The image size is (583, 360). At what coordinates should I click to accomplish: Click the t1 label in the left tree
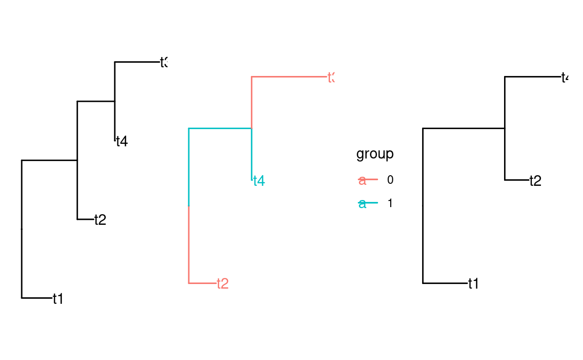coord(58,299)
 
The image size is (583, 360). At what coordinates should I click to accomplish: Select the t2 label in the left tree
coord(100,220)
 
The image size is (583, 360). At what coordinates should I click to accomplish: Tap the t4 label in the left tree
coord(121,141)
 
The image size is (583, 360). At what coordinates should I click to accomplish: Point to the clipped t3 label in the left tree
coord(163,62)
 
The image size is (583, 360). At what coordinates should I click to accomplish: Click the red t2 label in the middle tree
coord(223,284)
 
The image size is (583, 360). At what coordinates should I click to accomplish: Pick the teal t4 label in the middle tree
coord(259,181)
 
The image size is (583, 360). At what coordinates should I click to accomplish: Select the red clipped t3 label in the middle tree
coord(331,77)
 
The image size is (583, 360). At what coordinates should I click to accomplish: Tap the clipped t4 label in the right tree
coord(565,77)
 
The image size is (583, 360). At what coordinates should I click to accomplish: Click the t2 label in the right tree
coord(535,181)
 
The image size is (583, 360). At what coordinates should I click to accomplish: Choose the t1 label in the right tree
coord(473,284)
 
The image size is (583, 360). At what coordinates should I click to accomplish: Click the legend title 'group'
coord(375,154)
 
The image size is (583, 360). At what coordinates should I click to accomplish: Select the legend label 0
coord(390,180)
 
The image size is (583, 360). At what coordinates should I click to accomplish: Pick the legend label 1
coord(390,204)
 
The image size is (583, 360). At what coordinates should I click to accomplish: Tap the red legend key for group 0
coord(368,180)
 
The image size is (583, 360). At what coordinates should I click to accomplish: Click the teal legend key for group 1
coord(368,204)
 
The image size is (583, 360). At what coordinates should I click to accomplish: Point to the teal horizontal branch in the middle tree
coord(220,129)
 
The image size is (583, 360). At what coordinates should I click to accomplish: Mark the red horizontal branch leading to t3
coord(289,77)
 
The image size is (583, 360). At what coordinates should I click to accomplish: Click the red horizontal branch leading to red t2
coord(202,283)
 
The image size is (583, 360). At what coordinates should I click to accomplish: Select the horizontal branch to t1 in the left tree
coord(36,298)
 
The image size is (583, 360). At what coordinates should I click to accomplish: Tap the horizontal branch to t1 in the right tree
coord(444,283)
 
